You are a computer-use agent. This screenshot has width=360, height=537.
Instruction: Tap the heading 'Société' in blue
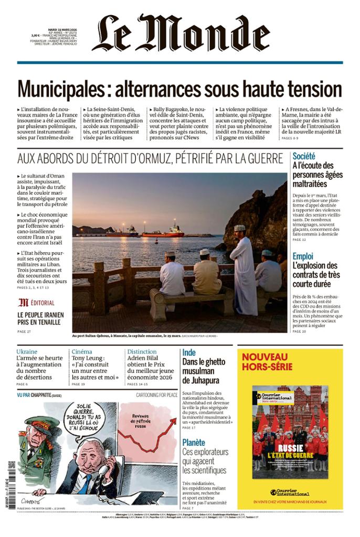click(x=304, y=156)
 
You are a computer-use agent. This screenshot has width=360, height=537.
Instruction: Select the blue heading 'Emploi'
click(x=303, y=256)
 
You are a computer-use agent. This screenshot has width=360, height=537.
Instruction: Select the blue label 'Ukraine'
click(x=27, y=351)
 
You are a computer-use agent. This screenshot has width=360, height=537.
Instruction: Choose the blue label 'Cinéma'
click(x=81, y=351)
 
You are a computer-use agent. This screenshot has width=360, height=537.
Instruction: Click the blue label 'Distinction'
click(x=142, y=351)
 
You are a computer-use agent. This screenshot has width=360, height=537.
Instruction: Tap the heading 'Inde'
click(x=189, y=352)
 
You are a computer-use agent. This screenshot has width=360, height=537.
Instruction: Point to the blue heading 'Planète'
click(x=194, y=442)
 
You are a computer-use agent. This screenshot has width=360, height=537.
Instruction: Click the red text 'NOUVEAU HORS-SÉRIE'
click(x=267, y=361)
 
